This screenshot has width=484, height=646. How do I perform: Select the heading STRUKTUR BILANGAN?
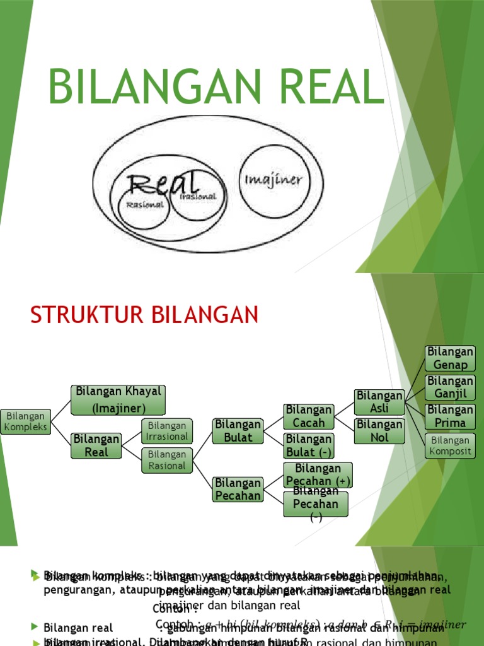(x=144, y=315)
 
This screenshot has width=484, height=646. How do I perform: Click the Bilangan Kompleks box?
(x=25, y=421)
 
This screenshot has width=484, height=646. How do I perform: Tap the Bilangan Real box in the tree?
(x=95, y=445)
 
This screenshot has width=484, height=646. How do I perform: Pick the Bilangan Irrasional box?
(x=166, y=431)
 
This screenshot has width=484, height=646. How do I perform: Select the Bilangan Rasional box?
(x=166, y=460)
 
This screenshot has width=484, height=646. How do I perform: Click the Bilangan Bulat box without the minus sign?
(x=238, y=430)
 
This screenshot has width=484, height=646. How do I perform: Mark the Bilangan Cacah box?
(x=308, y=416)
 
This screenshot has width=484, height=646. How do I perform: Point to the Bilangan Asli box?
(x=379, y=402)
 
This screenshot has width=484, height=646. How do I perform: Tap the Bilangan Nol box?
(x=379, y=431)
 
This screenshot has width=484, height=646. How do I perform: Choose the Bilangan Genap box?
(x=450, y=358)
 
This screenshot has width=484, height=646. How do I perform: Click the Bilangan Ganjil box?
(x=450, y=387)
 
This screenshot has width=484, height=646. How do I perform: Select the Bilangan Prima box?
(x=450, y=416)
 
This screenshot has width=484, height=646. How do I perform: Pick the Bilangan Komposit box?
(x=450, y=445)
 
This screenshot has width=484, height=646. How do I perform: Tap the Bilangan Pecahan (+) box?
(x=318, y=474)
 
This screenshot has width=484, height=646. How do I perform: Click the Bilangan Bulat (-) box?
(x=308, y=445)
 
